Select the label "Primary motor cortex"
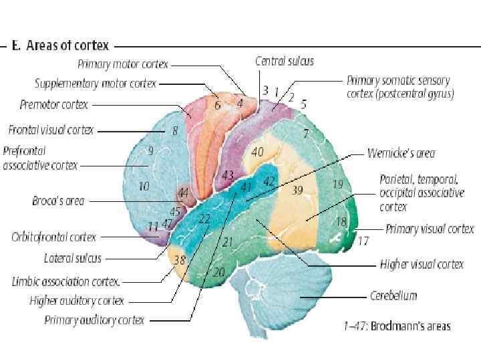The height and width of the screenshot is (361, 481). pos(123,65)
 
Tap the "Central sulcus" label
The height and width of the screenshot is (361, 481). pos(284,61)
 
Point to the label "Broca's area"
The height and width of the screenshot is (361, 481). pos(58,200)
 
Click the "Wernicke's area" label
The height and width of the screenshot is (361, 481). pos(401,153)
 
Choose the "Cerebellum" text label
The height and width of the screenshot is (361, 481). pos(393,295)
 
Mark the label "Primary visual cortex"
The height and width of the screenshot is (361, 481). pos(430,229)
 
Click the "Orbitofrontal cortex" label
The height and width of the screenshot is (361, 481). pos(53,237)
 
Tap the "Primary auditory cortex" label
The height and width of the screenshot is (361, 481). pos(94,320)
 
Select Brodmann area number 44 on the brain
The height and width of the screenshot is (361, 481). pos(183,193)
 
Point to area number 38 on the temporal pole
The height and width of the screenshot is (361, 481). pos(179,260)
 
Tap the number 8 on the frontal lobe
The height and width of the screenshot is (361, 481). pos(175,131)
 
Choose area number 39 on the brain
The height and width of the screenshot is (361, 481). pos(297,191)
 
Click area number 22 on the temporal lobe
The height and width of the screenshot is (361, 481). pos(204,219)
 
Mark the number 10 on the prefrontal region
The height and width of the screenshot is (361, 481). pos(144,187)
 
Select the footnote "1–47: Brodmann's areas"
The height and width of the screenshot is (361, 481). pos(393,326)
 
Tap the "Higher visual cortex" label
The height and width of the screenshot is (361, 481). pos(422,264)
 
